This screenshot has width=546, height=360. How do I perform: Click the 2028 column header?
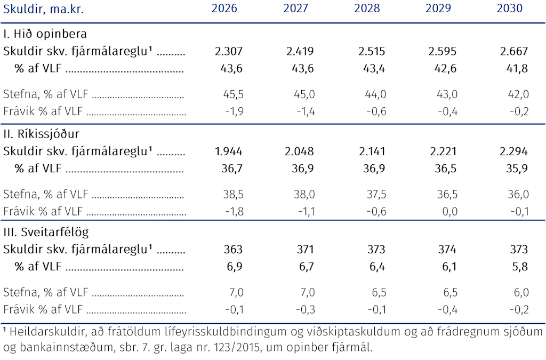[x=367, y=8]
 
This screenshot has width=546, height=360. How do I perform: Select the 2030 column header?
[x=509, y=8]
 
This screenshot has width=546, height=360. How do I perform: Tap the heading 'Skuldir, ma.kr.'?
[x=43, y=9]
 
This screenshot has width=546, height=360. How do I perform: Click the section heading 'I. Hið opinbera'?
[x=45, y=34]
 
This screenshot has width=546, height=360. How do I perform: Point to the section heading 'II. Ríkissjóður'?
[x=41, y=134]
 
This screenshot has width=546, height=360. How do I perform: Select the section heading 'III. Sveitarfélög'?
[x=46, y=232]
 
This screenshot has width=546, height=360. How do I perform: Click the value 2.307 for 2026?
[x=228, y=51]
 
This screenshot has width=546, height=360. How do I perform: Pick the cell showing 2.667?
[x=514, y=51]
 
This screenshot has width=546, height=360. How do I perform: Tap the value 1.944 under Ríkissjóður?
[x=228, y=151]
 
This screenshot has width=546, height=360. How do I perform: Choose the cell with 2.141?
[x=372, y=151]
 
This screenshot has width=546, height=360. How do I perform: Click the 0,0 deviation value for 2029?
[x=449, y=211]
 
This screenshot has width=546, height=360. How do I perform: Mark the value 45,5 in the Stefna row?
[x=234, y=94]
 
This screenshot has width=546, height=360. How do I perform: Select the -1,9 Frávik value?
[x=235, y=111]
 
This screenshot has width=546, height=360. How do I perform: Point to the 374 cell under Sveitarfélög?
[x=447, y=250]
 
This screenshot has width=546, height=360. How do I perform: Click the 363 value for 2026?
[x=233, y=250]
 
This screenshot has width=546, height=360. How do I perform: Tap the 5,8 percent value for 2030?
[x=520, y=267]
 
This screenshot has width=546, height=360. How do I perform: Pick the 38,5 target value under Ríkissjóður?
[x=234, y=194]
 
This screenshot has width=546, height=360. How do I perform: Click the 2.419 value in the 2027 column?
[x=300, y=51]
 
